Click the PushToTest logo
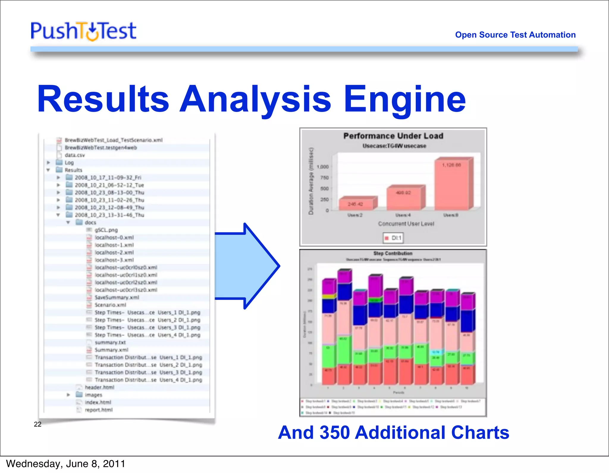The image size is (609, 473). pyautogui.click(x=84, y=31)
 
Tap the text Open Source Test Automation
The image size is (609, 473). pyautogui.click(x=515, y=35)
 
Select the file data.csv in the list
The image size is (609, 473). pyautogui.click(x=75, y=155)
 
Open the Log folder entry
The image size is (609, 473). pyautogui.click(x=69, y=162)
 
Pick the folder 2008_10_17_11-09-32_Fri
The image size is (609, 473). pyautogui.click(x=108, y=178)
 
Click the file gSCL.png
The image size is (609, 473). pyautogui.click(x=106, y=230)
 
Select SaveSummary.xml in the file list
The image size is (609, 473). pyautogui.click(x=117, y=297)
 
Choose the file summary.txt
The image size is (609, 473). pyautogui.click(x=110, y=342)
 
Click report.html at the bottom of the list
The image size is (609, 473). pyautogui.click(x=99, y=410)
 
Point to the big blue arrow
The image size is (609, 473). pyautogui.click(x=247, y=266)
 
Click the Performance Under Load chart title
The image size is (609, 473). pyautogui.click(x=393, y=136)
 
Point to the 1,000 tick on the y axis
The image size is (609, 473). pyautogui.click(x=323, y=167)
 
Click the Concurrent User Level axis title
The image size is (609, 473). pyautogui.click(x=406, y=224)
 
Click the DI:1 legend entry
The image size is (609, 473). pyautogui.click(x=393, y=238)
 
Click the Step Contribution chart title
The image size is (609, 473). pyautogui.click(x=393, y=253)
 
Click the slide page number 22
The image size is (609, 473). pyautogui.click(x=38, y=424)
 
